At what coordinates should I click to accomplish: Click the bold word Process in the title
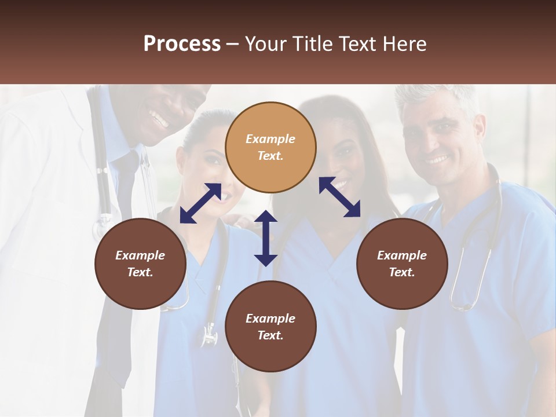[182, 43]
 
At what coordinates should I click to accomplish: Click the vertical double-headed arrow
[266, 238]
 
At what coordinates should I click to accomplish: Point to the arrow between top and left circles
[200, 203]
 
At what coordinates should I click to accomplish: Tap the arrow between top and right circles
[339, 197]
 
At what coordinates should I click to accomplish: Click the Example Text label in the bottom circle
[270, 327]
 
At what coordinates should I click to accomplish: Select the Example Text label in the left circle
[140, 264]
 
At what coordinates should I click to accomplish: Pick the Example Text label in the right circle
[402, 264]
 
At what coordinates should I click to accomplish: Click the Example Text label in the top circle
[270, 147]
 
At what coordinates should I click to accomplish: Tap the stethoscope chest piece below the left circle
[209, 336]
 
